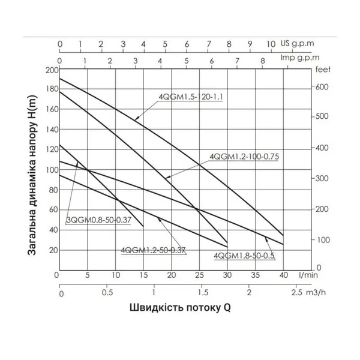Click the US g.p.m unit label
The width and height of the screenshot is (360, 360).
tap(299, 44)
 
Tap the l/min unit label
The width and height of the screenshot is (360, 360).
tap(302, 275)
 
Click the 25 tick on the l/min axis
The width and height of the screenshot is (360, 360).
tap(199, 275)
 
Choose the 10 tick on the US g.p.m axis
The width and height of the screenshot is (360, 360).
tap(271, 44)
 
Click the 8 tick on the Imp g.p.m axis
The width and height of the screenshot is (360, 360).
tap(262, 60)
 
